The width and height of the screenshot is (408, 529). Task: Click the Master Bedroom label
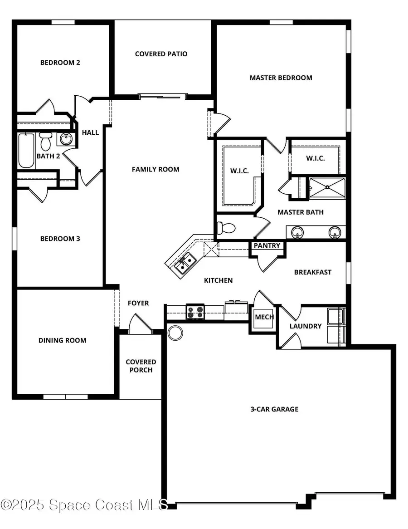[281, 78]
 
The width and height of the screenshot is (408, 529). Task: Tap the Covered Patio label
[161, 54]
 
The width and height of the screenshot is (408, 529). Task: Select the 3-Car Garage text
[274, 409]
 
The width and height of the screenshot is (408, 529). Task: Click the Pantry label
[267, 245]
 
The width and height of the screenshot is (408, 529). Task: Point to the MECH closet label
[264, 317]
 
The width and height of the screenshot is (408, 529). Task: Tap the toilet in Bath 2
[45, 142]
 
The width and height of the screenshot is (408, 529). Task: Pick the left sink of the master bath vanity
[297, 232]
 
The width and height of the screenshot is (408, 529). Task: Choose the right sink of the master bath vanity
[335, 232]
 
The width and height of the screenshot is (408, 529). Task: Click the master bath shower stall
[326, 188]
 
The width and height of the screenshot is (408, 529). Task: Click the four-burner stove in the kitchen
[195, 313]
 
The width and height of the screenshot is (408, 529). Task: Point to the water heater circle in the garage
[175, 333]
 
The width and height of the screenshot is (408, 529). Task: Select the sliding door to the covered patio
[162, 96]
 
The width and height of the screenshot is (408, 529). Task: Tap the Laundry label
[306, 326]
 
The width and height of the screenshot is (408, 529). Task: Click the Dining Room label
[62, 340]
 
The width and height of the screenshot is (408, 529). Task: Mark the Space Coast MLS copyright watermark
[84, 505]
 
